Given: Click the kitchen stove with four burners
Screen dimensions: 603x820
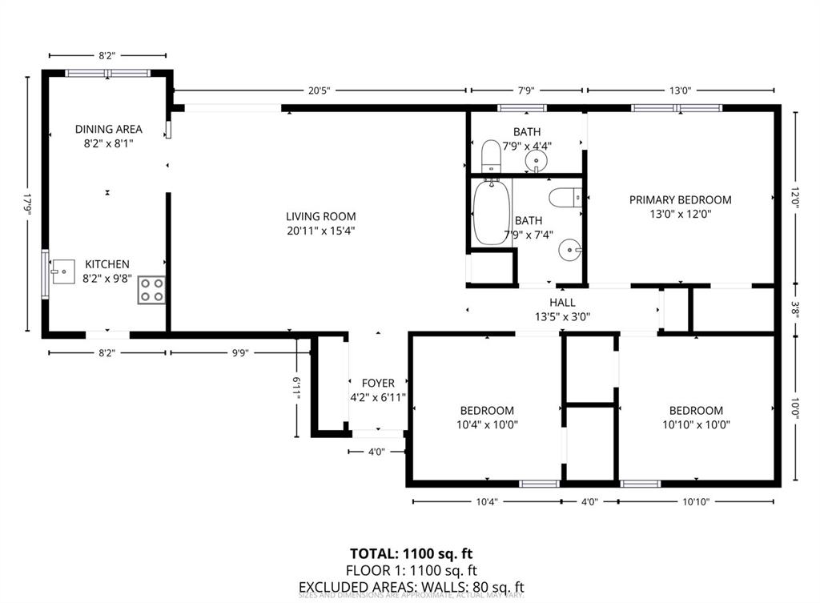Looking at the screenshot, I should (151, 290).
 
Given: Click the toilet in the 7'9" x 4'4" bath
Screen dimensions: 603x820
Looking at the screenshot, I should (491, 155).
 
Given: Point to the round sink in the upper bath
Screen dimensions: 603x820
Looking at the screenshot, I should (536, 163).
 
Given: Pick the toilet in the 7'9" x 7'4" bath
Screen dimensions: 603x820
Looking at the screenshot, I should (566, 196).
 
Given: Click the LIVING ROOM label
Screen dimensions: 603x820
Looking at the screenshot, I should (321, 216).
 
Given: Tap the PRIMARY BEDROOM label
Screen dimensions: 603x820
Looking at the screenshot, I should (680, 200).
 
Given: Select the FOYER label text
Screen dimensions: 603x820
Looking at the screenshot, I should (378, 384).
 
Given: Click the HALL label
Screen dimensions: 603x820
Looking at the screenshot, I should (562, 303).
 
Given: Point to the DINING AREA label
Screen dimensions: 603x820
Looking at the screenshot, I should (109, 129).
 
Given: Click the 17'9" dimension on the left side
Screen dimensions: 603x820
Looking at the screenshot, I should (27, 203).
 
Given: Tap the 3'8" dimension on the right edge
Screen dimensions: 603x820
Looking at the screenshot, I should (795, 308).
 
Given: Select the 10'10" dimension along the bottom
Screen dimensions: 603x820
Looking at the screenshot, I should (695, 501).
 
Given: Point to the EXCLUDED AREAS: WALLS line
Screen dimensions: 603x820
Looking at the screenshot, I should (411, 587).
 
